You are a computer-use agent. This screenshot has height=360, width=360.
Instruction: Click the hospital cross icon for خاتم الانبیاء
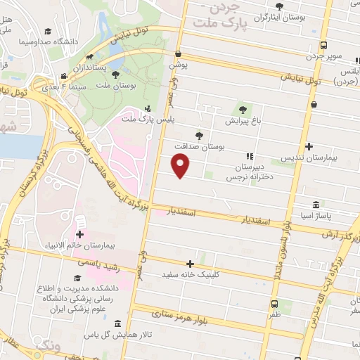click(x=79, y=234)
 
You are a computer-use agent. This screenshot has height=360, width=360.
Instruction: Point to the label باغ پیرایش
click(x=243, y=121)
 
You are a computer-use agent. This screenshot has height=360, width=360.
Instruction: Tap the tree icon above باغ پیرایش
click(x=243, y=110)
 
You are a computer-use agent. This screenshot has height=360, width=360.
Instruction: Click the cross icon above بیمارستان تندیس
click(x=310, y=147)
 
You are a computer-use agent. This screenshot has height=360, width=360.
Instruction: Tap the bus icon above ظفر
click(x=274, y=304)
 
